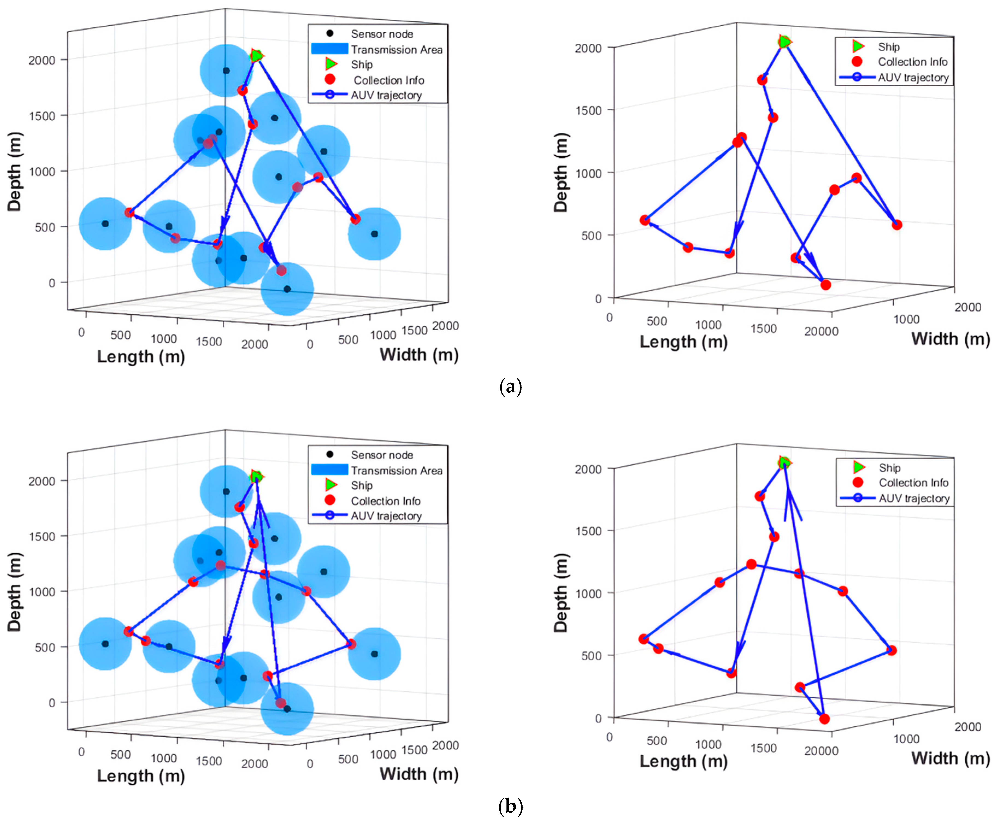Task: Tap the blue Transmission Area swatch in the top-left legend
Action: (330, 49)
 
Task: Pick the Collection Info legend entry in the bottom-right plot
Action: (913, 483)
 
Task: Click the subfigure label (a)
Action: (510, 387)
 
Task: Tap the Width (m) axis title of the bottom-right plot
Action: (950, 759)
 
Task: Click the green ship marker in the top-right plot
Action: (784, 42)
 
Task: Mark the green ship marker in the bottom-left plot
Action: (256, 477)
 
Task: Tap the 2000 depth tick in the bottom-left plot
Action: (42, 481)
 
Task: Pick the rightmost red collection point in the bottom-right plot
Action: (891, 650)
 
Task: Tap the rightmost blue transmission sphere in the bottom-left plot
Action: (374, 654)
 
